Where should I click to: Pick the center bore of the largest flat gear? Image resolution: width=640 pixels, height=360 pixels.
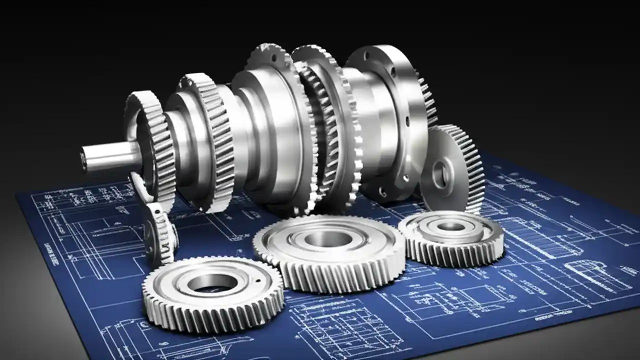click(327, 239)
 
